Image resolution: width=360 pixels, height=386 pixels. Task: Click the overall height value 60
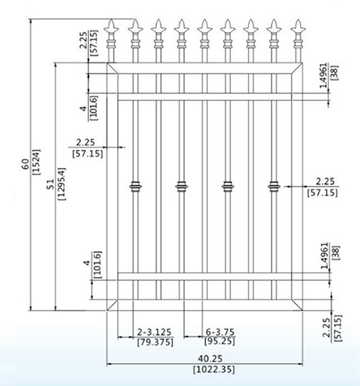pyautogui.click(x=26, y=164)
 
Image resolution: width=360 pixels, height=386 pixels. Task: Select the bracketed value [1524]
pyautogui.click(x=36, y=162)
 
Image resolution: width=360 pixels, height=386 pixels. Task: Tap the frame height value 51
pyautogui.click(x=50, y=184)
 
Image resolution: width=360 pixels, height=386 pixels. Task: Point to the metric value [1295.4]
pyautogui.click(x=61, y=184)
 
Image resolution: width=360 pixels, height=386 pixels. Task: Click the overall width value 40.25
pyautogui.click(x=211, y=358)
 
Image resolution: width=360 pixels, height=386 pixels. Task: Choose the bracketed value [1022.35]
pyautogui.click(x=214, y=369)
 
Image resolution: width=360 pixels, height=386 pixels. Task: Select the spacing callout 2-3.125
pyautogui.click(x=154, y=332)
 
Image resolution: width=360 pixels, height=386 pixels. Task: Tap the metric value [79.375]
pyautogui.click(x=155, y=342)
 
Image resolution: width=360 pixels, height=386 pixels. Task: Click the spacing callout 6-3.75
pyautogui.click(x=220, y=332)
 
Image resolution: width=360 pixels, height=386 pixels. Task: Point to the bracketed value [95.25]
pyautogui.click(x=219, y=342)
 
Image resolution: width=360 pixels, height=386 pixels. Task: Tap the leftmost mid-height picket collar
pyautogui.click(x=135, y=186)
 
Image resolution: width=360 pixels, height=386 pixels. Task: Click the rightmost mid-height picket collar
pyautogui.click(x=274, y=186)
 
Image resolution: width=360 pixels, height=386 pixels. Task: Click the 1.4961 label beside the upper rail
pyautogui.click(x=324, y=75)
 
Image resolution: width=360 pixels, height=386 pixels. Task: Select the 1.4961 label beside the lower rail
pyautogui.click(x=324, y=255)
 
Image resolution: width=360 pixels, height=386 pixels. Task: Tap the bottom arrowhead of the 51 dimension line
pyautogui.click(x=55, y=308)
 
